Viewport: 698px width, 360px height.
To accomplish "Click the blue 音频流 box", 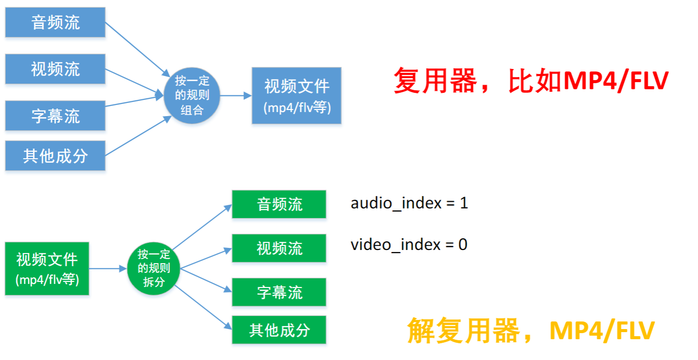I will click(x=55, y=22).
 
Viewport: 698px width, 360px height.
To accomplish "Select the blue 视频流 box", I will click(x=55, y=69).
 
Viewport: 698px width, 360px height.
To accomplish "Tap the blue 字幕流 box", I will click(x=55, y=116).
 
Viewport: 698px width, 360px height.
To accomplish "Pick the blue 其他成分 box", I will click(x=55, y=156).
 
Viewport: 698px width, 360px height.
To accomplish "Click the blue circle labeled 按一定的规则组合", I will click(x=192, y=95).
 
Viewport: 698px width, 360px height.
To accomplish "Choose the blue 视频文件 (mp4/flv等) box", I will click(x=297, y=95).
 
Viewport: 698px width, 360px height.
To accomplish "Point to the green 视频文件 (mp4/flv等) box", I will click(x=47, y=269).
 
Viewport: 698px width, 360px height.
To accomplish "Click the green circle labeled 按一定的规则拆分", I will click(x=154, y=269).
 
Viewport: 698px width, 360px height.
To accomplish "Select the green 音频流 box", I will click(x=279, y=204).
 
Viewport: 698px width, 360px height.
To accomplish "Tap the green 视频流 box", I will click(x=279, y=248).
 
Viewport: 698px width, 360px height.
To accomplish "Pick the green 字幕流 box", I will click(x=279, y=292).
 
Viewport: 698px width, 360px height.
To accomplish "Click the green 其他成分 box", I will click(x=279, y=330).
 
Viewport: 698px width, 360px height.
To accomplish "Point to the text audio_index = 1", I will click(x=409, y=203).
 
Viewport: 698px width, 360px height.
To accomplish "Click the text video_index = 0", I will click(x=409, y=245).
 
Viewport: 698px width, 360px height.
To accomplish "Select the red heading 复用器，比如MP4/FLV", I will click(x=531, y=81).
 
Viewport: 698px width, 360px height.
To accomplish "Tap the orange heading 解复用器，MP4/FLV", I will click(x=531, y=331).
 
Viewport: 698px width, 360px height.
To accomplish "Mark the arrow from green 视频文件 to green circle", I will click(x=107, y=269).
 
